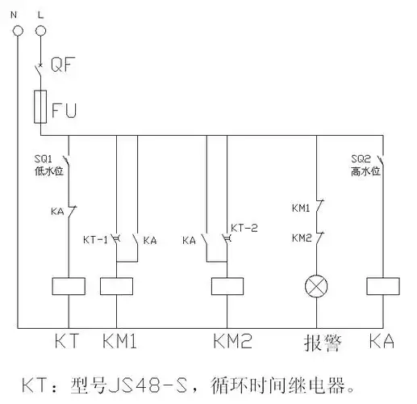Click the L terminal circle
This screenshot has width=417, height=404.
[x=41, y=30]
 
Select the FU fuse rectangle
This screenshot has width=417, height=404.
[x=41, y=107]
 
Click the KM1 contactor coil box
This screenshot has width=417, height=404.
[x=117, y=285]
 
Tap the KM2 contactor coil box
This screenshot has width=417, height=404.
[x=227, y=285]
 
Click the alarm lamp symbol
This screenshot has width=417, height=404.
[x=315, y=285]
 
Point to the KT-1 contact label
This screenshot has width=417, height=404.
[x=95, y=240]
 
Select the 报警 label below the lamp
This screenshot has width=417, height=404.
[x=319, y=343]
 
